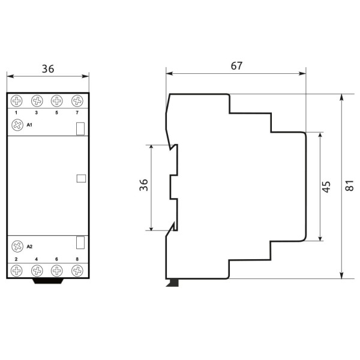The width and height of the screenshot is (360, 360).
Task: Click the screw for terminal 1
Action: [x=16, y=101]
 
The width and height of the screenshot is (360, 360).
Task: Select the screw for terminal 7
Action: [x=77, y=101]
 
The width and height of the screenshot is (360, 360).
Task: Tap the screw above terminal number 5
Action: [x=56, y=101]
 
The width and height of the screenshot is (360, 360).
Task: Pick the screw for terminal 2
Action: [x=16, y=271]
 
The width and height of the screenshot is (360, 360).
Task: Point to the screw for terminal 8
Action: [x=77, y=271]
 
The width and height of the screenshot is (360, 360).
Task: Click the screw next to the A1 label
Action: [x=17, y=125]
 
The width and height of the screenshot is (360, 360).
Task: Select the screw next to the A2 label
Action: [x=17, y=246]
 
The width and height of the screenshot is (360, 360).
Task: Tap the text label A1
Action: [x=30, y=125]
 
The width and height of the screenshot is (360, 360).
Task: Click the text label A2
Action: [x=30, y=246]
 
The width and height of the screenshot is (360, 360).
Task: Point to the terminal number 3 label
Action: [x=37, y=113]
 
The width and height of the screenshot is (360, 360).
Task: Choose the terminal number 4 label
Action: [x=37, y=259]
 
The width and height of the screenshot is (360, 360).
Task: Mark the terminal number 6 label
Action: [x=56, y=259]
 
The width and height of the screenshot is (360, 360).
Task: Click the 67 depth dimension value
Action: [x=236, y=66]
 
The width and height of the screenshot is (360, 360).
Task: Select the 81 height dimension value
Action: [x=350, y=187]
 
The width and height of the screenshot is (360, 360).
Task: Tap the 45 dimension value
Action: [x=326, y=187]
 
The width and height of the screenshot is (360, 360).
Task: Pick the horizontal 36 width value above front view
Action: [x=48, y=69]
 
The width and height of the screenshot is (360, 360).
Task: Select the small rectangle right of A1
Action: [x=80, y=128]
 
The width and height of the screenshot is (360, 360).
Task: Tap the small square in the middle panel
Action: [x=82, y=178]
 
